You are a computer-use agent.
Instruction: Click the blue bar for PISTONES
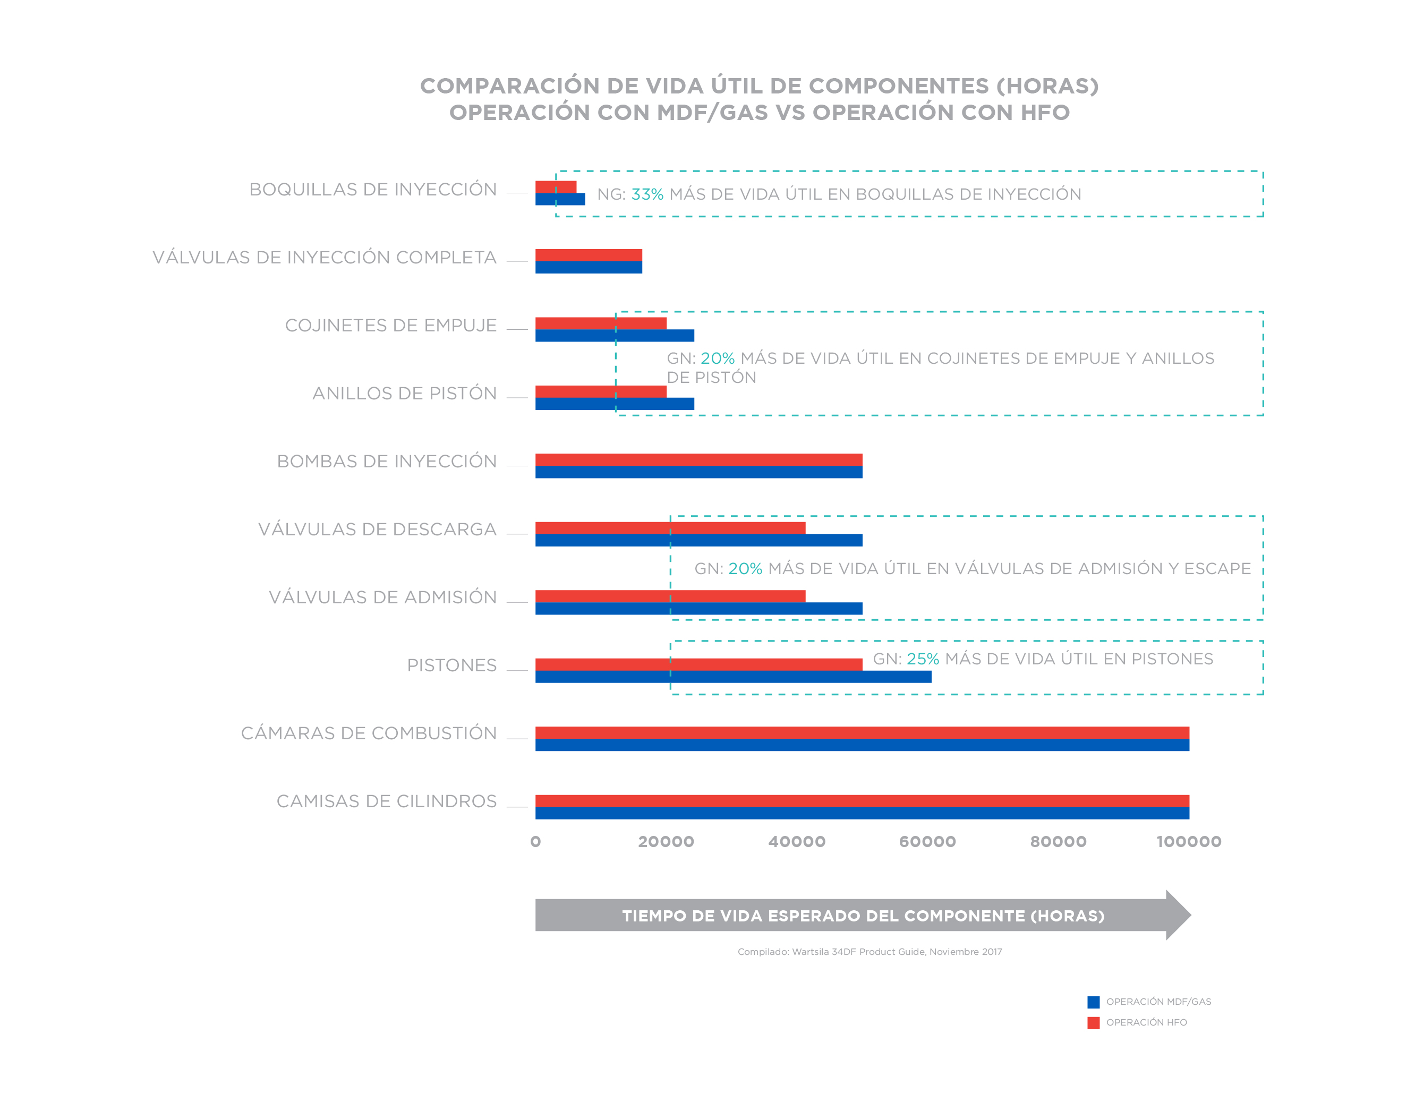(733, 677)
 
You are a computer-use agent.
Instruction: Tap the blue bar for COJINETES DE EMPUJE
(614, 336)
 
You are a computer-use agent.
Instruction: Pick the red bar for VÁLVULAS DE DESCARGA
(670, 528)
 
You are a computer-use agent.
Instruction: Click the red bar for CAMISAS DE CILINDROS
(862, 801)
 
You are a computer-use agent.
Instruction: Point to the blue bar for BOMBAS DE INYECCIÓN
(698, 472)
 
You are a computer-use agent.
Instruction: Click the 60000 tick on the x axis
(927, 842)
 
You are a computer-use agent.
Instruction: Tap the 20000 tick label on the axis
(666, 842)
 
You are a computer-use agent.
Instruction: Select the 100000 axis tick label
(1188, 842)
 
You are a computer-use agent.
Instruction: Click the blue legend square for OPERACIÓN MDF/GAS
(1093, 1002)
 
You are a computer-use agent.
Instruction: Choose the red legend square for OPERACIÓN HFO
(1093, 1023)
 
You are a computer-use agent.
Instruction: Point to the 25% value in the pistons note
(922, 659)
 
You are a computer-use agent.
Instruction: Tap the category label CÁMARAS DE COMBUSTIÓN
(369, 733)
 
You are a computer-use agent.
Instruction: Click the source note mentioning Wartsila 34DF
(869, 952)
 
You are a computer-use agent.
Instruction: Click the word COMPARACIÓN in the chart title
(509, 86)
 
